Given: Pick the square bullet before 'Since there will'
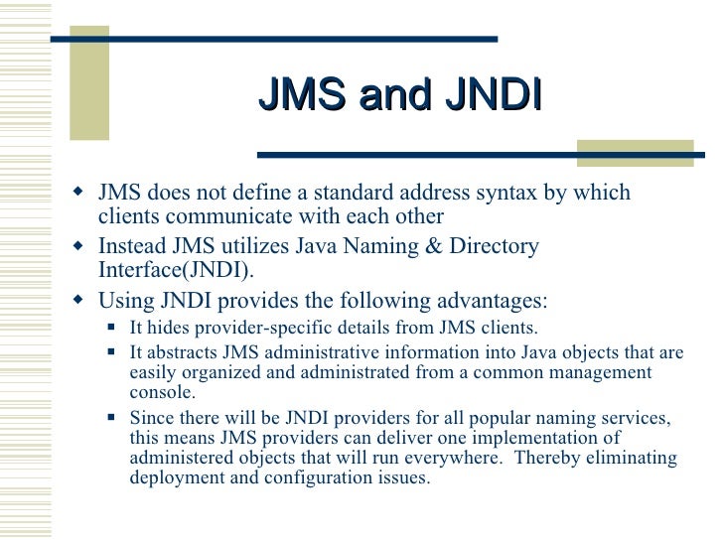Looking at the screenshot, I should point(111,418).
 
